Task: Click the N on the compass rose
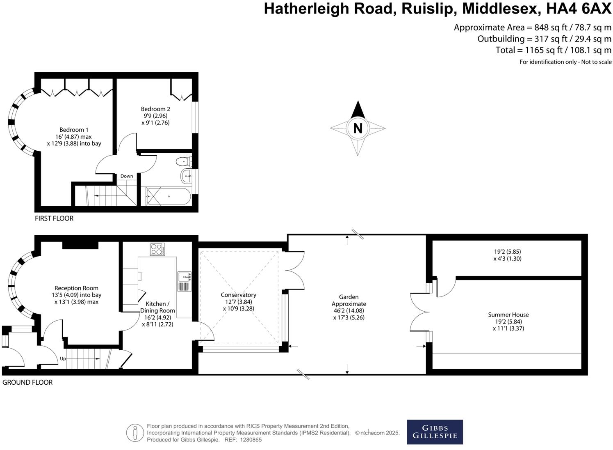pos(358,129)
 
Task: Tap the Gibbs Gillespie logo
pos(435,432)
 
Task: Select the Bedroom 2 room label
pos(155,109)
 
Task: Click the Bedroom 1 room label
pos(74,130)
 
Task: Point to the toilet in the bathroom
pos(183,161)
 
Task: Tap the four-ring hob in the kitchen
pos(157,249)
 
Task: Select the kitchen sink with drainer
pos(184,281)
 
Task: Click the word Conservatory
pos(238,295)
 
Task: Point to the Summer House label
pos(508,315)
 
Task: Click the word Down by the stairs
pos(127,176)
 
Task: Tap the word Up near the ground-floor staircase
pos(63,358)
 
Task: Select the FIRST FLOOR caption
pos(54,218)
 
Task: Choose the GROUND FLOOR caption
pos(27,382)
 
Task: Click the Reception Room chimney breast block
pos(80,245)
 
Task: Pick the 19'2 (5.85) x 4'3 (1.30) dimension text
pos(507,255)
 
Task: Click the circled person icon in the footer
pos(134,433)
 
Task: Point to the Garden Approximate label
pos(349,300)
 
